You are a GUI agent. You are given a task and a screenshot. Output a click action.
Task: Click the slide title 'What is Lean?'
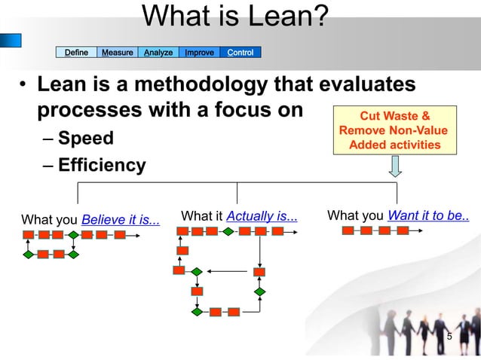(234, 16)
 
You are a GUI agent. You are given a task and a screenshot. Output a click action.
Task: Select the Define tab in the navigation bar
(76, 53)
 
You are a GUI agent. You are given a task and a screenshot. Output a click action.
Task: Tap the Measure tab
(118, 53)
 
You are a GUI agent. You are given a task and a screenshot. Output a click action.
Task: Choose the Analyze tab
(158, 53)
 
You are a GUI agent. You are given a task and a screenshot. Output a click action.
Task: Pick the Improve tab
(200, 53)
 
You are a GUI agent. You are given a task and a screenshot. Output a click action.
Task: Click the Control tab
(240, 53)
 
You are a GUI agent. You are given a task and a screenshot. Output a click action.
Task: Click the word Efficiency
(102, 165)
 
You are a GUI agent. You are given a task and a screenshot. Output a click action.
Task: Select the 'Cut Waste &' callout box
(395, 130)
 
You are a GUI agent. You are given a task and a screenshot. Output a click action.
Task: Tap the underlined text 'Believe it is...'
(121, 220)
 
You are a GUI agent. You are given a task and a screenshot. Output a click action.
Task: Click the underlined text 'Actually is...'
(262, 217)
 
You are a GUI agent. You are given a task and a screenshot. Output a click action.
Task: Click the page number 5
(449, 336)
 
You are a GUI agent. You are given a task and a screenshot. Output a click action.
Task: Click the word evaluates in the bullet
(363, 84)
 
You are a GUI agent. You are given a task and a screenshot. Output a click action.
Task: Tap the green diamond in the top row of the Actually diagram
(228, 231)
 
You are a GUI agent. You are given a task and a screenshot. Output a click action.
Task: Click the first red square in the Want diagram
(348, 230)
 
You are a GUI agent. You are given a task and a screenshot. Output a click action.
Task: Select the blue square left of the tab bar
(11, 40)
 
